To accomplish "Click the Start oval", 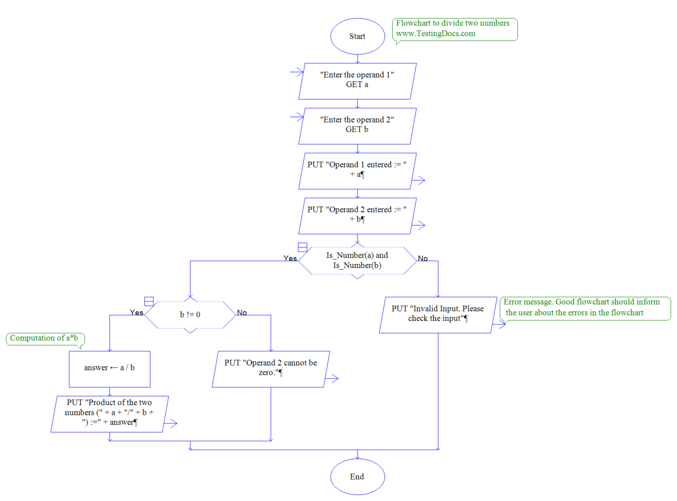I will (357, 37).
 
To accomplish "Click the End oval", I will (357, 476).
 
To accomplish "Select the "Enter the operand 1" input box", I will (357, 81).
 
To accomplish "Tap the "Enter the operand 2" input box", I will (357, 126).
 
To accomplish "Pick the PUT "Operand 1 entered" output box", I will (357, 171).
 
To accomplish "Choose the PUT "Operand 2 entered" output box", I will (357, 215).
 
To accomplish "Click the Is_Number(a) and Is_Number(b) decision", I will (357, 260).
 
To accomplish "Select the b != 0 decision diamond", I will (190, 315).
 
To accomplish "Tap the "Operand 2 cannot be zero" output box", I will (271, 369).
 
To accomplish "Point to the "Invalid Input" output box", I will (438, 314).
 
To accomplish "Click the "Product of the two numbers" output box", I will (109, 413).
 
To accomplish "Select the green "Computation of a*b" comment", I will (45, 338).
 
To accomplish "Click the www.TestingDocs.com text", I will (435, 34).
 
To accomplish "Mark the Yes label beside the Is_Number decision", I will (290, 258).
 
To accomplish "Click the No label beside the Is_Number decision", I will (423, 258).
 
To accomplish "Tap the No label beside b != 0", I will (242, 312).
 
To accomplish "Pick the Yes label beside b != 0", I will (137, 312).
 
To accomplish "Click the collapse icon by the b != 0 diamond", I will (149, 301).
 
